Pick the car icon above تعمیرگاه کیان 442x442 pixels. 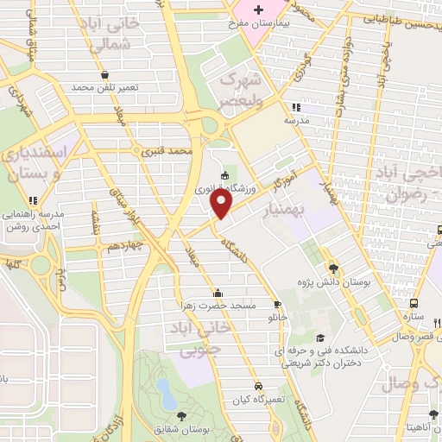pyautogui.click(x=259, y=386)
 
